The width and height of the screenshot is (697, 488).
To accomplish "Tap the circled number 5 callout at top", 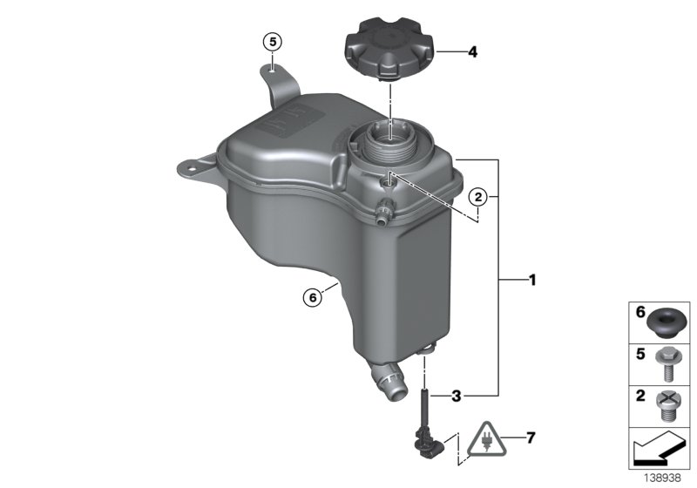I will point(273,41).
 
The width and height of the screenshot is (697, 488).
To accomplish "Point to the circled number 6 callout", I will point(312,296).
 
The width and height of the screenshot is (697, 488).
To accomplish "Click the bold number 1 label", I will point(532,281).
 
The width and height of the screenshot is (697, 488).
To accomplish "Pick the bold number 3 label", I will point(456,396).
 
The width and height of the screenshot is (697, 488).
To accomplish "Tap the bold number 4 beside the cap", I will point(472,52).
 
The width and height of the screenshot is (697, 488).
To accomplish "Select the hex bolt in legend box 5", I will point(667,362).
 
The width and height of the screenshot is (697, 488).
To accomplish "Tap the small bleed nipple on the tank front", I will point(382,211).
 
